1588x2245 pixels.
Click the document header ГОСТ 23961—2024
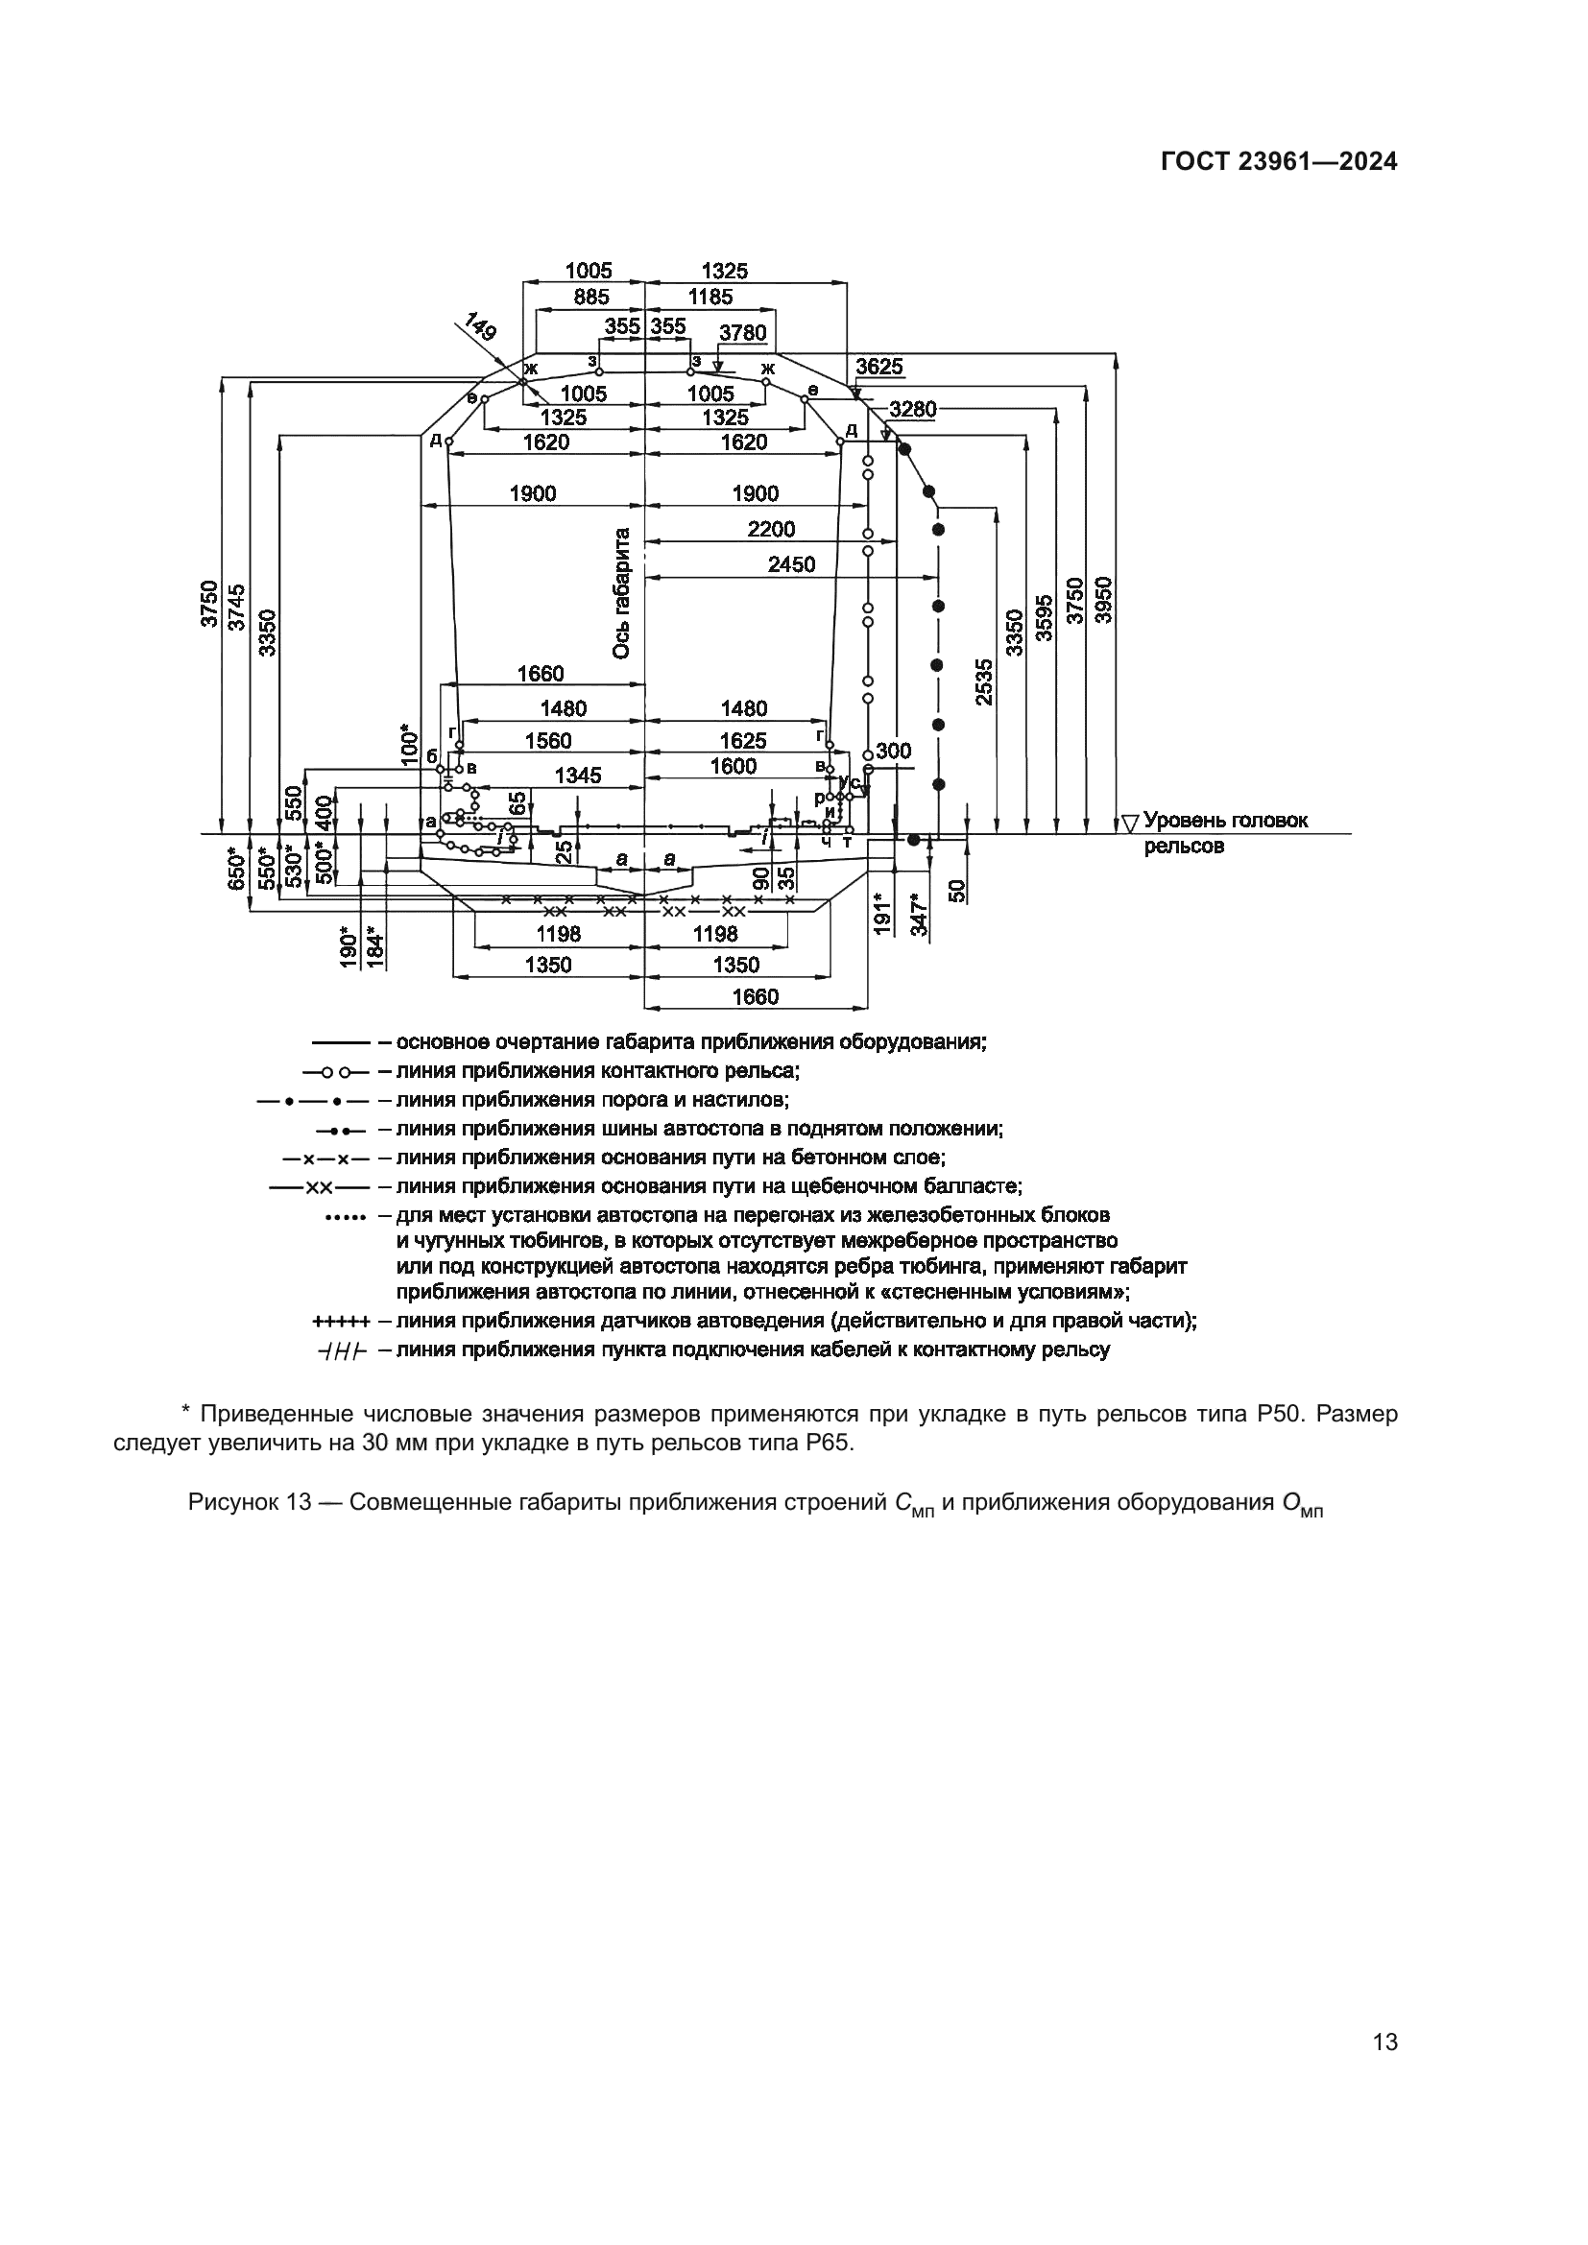point(1279,162)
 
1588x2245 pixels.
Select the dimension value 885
point(590,298)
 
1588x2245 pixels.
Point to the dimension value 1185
point(710,298)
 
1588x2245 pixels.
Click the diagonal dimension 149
point(479,325)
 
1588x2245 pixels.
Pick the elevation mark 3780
point(743,333)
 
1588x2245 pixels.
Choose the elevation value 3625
point(879,368)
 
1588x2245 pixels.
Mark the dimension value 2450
point(791,565)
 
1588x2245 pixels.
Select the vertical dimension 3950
point(1103,599)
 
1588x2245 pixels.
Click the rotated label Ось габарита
point(622,593)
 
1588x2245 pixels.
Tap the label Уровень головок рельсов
point(1224,833)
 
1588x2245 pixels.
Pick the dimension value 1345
point(578,776)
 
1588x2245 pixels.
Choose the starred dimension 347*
point(919,915)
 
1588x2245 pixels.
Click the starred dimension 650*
point(235,869)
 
